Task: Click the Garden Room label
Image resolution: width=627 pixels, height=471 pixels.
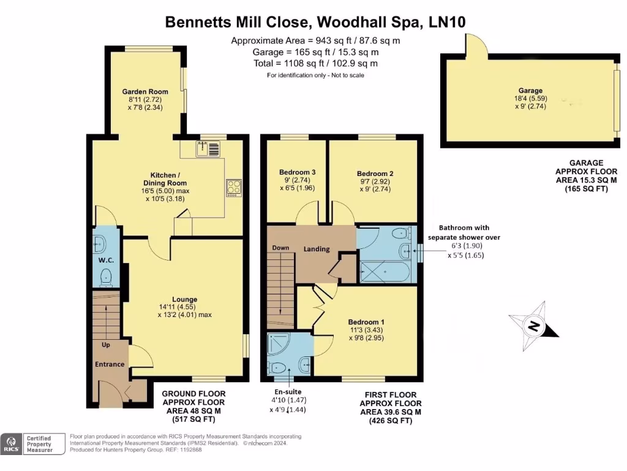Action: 135,91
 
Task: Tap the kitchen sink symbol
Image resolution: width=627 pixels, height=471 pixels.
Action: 208,148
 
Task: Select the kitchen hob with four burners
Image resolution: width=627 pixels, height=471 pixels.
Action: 234,187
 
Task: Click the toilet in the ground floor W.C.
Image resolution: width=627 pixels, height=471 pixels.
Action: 107,276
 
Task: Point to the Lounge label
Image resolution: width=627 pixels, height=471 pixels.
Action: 184,299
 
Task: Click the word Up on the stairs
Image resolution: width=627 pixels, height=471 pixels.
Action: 106,345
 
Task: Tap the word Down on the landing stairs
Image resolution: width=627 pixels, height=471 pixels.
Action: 280,248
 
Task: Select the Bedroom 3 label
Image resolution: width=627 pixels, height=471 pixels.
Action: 297,172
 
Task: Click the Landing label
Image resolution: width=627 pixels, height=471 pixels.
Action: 317,249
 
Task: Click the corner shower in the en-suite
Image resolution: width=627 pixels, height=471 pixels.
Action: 279,345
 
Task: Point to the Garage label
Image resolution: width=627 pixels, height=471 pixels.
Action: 530,91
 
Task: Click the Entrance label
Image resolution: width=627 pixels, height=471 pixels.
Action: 110,364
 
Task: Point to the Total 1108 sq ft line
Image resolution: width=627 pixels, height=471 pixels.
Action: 315,63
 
